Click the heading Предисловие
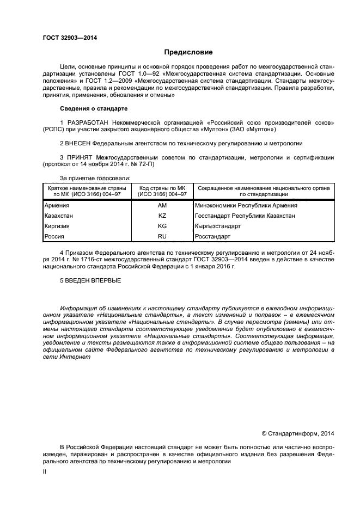(188, 52)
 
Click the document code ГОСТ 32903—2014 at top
(66, 38)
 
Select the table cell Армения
(57, 206)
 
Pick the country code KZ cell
(162, 216)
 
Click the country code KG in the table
(162, 226)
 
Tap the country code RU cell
(162, 237)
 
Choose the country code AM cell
(162, 206)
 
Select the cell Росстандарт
(212, 237)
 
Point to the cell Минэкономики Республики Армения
(246, 206)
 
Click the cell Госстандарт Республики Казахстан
(245, 216)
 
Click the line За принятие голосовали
(95, 177)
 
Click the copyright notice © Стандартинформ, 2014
(297, 433)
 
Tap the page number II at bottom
(45, 473)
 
